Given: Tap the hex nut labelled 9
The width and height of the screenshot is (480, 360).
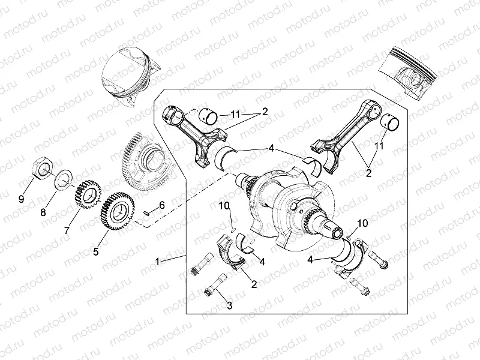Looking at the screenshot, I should [43, 167].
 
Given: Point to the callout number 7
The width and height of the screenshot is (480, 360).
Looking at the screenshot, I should [67, 230].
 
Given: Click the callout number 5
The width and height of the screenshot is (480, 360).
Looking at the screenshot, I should [95, 253].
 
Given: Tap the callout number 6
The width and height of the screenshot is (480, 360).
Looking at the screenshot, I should [161, 205].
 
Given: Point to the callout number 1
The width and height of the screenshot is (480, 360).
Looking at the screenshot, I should [157, 262].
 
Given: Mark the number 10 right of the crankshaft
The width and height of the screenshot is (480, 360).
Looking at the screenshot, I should [362, 223].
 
